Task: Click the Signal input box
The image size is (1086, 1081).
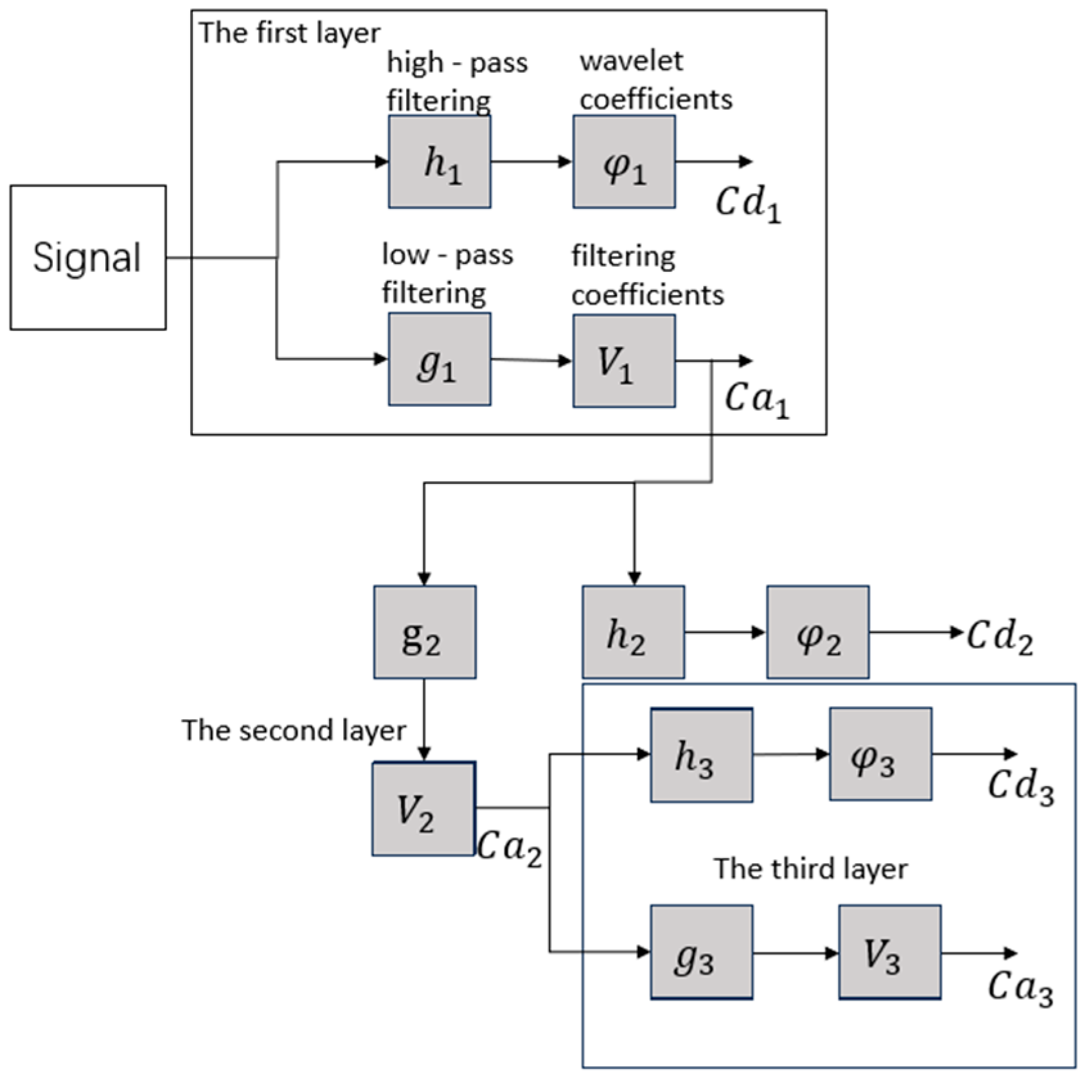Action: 88,257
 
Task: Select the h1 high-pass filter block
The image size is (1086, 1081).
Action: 440,162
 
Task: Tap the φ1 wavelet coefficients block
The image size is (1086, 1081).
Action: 624,162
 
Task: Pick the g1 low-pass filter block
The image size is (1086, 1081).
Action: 440,359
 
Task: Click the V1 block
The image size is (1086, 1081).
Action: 624,361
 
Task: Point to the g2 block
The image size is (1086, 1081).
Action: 425,632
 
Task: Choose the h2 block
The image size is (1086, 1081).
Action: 633,632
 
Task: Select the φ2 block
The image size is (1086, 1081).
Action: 817,632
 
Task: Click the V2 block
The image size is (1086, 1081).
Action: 423,809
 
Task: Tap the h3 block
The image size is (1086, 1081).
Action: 701,755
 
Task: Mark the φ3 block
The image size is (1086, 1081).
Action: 880,754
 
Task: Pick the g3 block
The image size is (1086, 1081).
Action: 701,952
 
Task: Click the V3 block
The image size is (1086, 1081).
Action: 889,952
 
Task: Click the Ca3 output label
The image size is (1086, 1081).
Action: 1020,988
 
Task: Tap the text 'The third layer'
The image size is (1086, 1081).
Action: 810,869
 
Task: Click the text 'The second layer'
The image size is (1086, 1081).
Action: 294,730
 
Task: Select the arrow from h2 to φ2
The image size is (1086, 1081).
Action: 725,632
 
